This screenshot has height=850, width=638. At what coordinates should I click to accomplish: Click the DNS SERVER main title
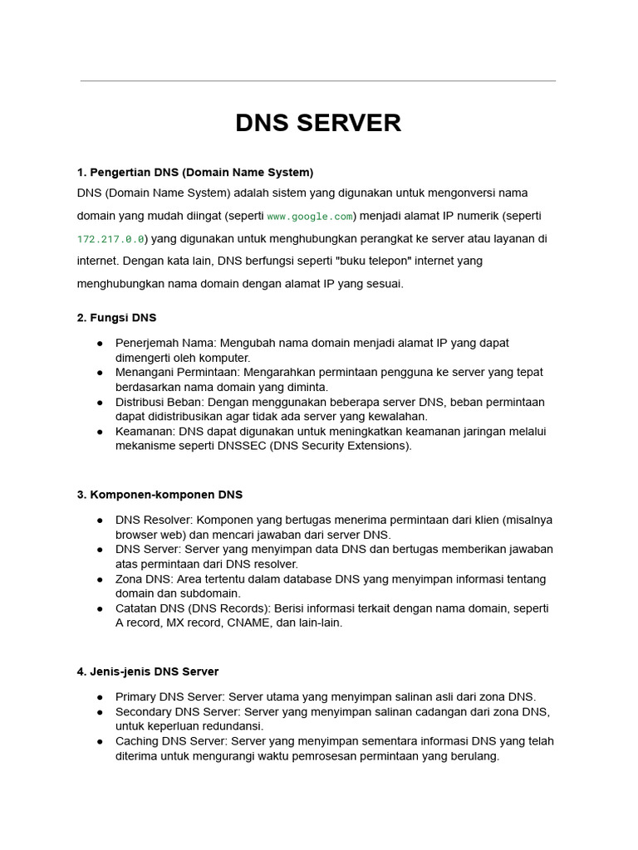(318, 123)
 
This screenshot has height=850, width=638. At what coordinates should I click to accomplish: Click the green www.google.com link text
(310, 217)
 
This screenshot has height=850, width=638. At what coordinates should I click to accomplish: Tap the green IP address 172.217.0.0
(111, 239)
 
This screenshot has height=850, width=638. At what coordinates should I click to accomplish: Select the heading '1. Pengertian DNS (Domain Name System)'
(195, 173)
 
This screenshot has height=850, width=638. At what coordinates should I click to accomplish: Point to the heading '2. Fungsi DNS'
(116, 318)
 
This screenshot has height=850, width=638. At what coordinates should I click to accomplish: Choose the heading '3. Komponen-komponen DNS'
(159, 495)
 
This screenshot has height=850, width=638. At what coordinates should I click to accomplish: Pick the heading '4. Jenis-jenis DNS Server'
(148, 672)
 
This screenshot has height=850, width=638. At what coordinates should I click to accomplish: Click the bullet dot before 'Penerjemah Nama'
(100, 344)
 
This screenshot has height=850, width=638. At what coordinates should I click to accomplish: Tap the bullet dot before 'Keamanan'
(100, 432)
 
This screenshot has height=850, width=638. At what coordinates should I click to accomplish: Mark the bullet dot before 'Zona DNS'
(100, 579)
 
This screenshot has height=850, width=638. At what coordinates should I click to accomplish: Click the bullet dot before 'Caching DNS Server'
(100, 741)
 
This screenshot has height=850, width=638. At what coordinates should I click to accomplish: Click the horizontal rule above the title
(318, 81)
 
